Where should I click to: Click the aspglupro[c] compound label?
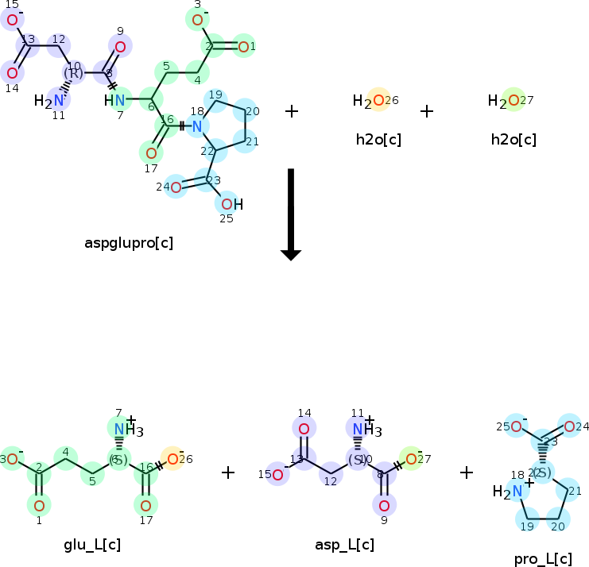click(129, 242)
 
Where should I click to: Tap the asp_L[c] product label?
click(344, 544)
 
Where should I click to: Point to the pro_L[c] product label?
click(543, 559)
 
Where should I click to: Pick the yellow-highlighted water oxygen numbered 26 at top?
click(378, 100)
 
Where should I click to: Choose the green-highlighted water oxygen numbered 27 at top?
click(513, 100)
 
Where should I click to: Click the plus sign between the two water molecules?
click(427, 110)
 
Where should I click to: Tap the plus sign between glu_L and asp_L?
click(228, 472)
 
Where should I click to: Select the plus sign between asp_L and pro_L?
click(467, 472)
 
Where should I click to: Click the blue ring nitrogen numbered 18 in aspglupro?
click(197, 125)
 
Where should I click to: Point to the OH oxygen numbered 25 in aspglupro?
click(227, 204)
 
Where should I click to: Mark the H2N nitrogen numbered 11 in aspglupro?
click(59, 101)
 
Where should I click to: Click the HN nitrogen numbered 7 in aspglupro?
click(119, 100)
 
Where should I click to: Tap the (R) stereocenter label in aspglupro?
click(73, 74)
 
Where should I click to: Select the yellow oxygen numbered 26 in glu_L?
click(172, 458)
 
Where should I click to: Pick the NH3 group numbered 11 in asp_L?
click(362, 430)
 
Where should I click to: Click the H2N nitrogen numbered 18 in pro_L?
click(517, 492)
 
